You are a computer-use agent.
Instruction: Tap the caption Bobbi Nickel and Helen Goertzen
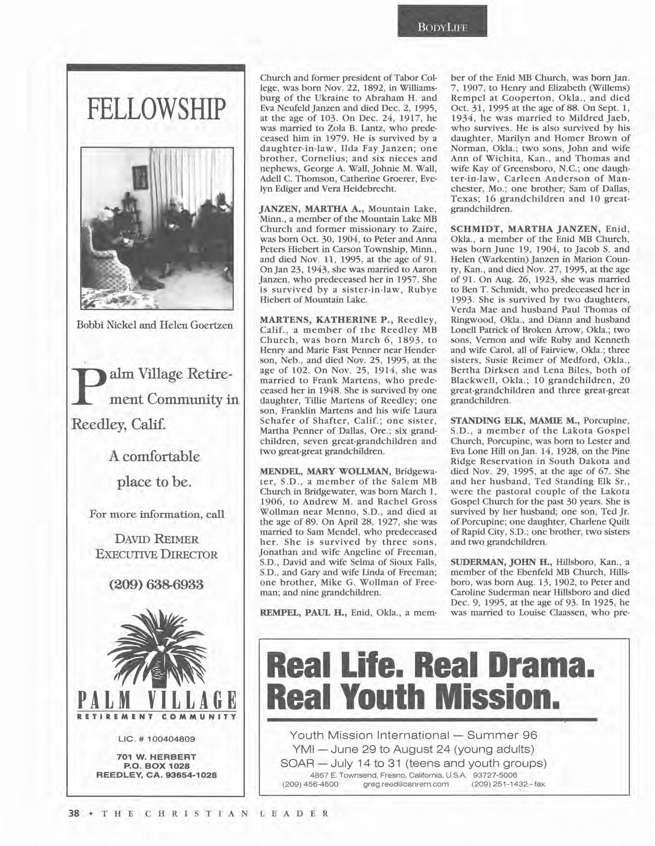point(155,325)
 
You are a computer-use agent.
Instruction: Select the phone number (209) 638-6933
point(156,584)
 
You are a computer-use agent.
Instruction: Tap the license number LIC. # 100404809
point(156,739)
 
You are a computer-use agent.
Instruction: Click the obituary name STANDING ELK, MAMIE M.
point(514,421)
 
